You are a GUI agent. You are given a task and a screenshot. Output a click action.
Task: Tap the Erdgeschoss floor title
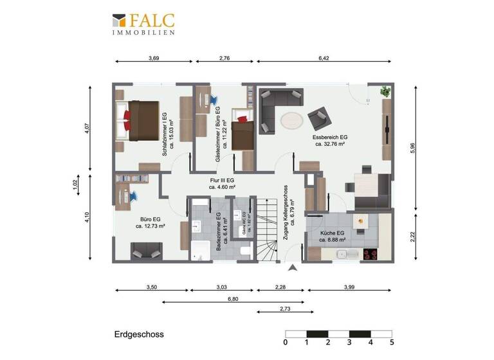[139, 334]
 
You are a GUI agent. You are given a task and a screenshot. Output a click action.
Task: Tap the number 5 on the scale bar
[391, 343]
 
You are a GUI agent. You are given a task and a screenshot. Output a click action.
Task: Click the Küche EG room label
[333, 236]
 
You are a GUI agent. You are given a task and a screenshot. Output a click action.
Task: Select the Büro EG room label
[150, 222]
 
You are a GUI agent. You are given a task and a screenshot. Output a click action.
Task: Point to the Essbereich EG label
[330, 141]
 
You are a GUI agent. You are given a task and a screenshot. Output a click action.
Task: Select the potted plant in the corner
[385, 91]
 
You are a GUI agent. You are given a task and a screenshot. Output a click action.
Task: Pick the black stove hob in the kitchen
[370, 253]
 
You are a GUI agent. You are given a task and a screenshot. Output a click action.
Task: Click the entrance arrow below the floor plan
[293, 268]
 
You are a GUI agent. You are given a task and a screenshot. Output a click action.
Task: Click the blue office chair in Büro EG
[136, 194]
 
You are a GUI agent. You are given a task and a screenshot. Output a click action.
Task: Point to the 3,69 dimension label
[154, 58]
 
